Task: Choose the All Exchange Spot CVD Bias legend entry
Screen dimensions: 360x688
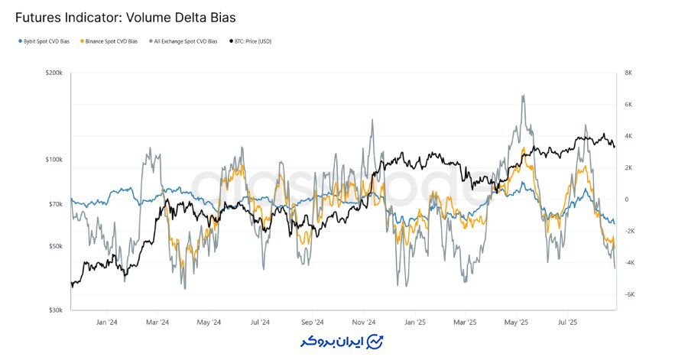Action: [x=183, y=41]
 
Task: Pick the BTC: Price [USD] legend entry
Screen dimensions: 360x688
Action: [x=250, y=41]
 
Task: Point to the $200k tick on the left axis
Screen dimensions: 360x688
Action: [x=54, y=73]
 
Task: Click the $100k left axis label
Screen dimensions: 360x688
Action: [x=54, y=160]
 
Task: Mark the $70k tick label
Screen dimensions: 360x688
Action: [x=55, y=204]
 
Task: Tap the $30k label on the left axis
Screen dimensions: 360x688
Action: [x=55, y=310]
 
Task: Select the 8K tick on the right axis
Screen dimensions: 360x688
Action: [x=628, y=73]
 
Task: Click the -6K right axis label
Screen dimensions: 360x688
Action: [x=629, y=294]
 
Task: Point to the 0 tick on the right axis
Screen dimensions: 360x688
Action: [x=626, y=199]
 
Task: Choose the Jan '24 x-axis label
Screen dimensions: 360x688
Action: [x=108, y=323]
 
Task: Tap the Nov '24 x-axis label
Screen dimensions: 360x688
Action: [x=365, y=323]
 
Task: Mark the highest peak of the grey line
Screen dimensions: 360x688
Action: [x=523, y=96]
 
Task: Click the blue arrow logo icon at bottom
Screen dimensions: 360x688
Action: [x=375, y=341]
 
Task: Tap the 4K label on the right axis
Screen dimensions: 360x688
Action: [x=628, y=136]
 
